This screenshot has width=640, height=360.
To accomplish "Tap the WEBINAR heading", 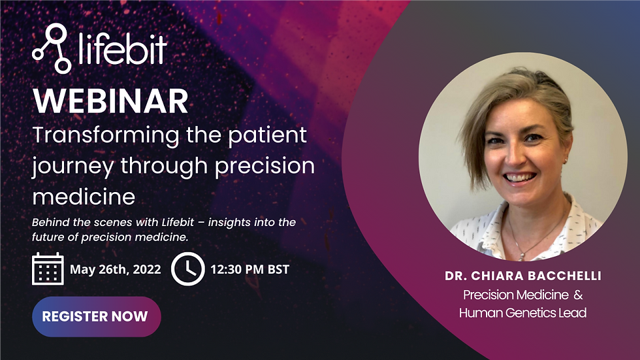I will [x=110, y=101].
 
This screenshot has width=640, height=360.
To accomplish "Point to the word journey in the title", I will [x=72, y=166].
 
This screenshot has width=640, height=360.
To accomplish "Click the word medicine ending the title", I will [x=84, y=196].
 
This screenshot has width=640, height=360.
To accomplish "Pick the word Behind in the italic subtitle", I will [x=50, y=222].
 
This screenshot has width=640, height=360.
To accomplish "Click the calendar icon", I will [x=48, y=269].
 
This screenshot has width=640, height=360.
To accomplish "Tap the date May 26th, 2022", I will [x=115, y=269].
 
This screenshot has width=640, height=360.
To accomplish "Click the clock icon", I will [x=187, y=269].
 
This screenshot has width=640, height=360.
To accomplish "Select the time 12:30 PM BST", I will [x=249, y=269].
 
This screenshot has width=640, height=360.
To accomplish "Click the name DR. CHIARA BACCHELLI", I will [x=522, y=276].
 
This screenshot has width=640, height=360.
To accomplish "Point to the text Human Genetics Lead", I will [x=522, y=313].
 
